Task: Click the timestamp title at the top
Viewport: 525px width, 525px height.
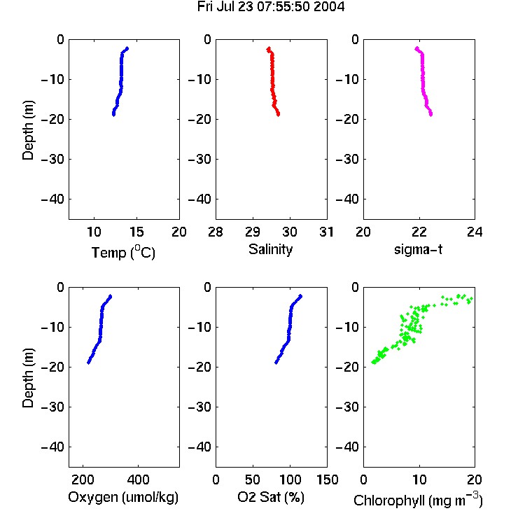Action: click(270, 7)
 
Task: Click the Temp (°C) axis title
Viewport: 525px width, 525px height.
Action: click(123, 252)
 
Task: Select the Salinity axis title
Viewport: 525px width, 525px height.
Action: click(270, 249)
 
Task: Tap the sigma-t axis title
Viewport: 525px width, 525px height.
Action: click(418, 249)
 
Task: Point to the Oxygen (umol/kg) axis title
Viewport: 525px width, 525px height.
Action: click(123, 497)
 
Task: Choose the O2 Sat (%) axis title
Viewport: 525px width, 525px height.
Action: click(270, 497)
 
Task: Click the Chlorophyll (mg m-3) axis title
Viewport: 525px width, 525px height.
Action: click(418, 500)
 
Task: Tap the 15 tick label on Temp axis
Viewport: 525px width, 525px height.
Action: click(136, 232)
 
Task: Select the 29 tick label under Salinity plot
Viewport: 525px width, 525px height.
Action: click(253, 232)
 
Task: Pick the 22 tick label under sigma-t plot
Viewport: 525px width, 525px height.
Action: click(419, 232)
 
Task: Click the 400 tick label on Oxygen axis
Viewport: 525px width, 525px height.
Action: click(138, 479)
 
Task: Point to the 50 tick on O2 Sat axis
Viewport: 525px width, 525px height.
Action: click(253, 479)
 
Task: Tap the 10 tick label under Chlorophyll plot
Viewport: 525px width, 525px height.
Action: click(419, 479)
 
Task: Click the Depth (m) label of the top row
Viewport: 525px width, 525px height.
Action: click(28, 130)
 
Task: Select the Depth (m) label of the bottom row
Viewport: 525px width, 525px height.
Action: click(28, 378)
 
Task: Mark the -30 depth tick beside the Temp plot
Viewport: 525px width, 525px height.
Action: click(52, 160)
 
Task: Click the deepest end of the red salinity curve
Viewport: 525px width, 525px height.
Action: click(278, 115)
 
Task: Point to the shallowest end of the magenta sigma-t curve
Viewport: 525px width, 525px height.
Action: click(417, 48)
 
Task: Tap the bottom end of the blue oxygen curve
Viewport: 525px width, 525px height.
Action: click(89, 363)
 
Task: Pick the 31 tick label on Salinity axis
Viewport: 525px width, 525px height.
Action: click(327, 232)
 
